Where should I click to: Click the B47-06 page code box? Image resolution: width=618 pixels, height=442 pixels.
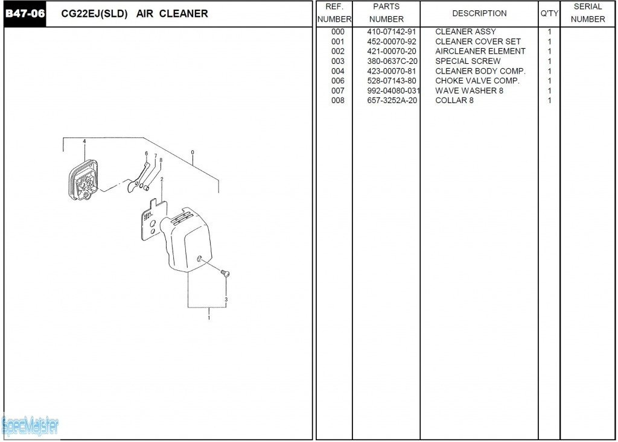point(25,14)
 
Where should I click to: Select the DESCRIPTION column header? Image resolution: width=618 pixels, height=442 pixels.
point(479,13)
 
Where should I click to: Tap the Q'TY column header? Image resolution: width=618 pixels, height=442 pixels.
point(549,13)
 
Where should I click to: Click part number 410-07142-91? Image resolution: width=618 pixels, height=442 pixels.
point(391,31)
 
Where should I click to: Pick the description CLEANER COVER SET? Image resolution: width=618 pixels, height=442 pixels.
point(478,42)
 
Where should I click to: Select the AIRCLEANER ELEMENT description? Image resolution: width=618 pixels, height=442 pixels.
point(480,51)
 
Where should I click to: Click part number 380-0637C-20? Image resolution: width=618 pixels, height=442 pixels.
point(392,61)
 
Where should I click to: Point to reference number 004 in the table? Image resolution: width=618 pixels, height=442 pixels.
point(338,71)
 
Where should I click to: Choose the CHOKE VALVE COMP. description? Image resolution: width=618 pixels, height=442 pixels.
point(477,81)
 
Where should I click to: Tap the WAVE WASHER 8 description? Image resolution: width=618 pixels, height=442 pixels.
point(469,90)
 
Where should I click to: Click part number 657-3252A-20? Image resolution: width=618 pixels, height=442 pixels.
point(392,101)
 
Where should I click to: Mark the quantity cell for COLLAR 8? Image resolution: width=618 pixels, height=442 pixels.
point(549,101)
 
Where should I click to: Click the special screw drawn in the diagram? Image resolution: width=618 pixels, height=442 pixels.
point(225,273)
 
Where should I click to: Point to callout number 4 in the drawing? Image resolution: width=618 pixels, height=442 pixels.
point(84,142)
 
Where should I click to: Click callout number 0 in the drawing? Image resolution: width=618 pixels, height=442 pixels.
point(193,153)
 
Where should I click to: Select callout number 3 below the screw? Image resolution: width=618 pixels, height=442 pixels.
point(226,300)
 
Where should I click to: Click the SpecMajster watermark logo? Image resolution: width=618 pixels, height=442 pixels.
point(30,426)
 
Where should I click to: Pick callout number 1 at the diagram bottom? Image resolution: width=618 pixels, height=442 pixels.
point(209,318)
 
